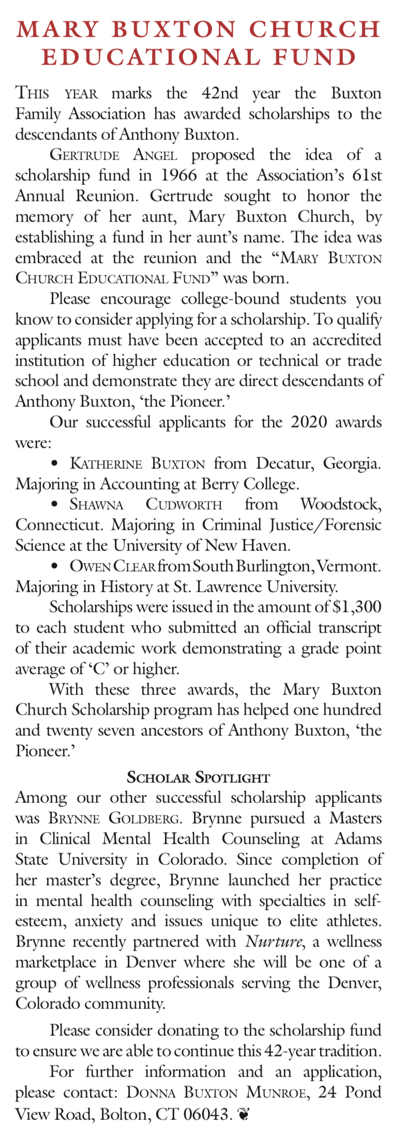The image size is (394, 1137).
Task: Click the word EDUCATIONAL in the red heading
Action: pos(149,57)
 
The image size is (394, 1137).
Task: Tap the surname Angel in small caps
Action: pos(155,155)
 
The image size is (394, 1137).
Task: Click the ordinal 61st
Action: pos(367,176)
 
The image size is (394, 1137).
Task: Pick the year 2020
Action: pos(309,422)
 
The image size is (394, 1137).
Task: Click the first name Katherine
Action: pos(105,463)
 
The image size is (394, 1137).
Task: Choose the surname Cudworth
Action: pos(184,504)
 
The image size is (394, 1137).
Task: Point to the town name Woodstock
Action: pos(341,504)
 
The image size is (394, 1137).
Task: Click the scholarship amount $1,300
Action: pos(357,607)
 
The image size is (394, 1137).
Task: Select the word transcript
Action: pos(350,628)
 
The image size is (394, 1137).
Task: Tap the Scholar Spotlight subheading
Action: pos(198,778)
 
